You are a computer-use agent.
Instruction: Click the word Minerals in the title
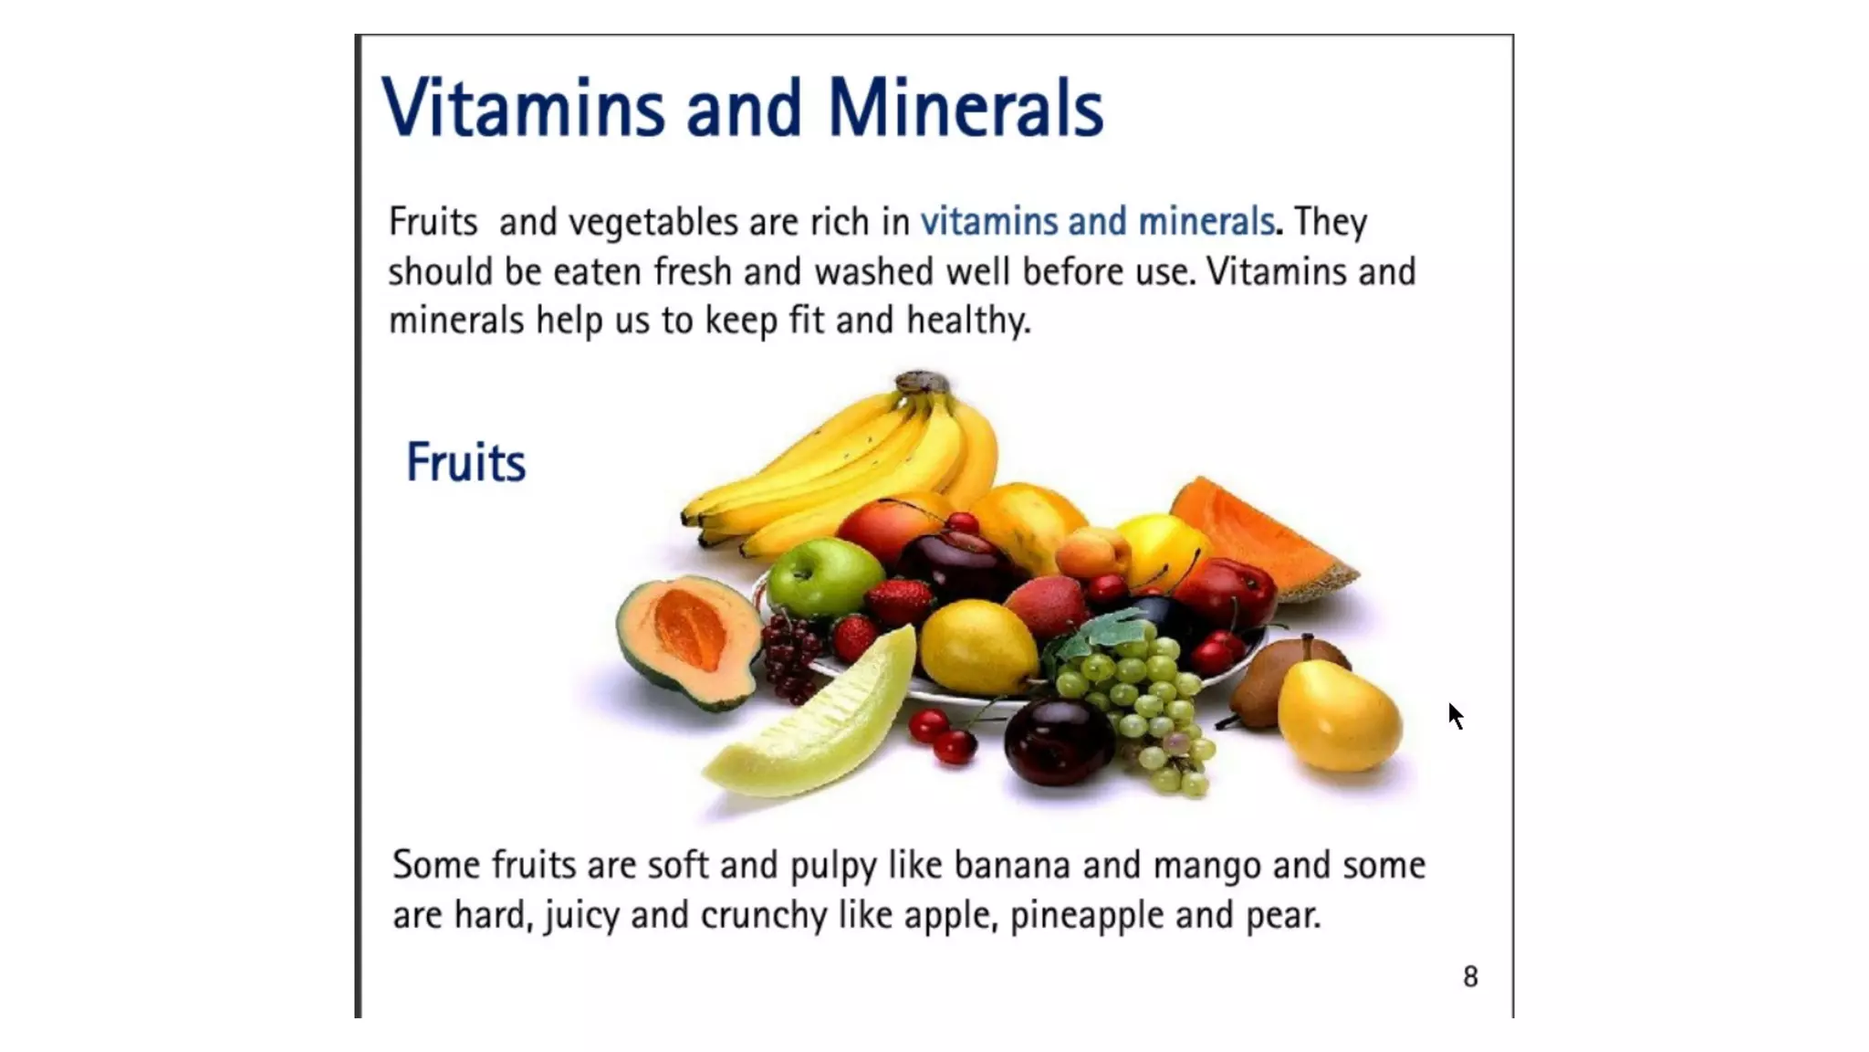point(965,109)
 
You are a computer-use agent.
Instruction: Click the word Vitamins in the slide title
point(523,109)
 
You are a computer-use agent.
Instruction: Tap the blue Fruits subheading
point(465,462)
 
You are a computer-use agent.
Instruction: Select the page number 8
point(1470,977)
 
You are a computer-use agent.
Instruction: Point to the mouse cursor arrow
point(1455,715)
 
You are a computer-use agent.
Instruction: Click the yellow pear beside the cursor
point(1337,717)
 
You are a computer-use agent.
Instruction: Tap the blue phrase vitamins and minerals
point(1097,222)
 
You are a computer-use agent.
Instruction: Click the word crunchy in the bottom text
point(764,915)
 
